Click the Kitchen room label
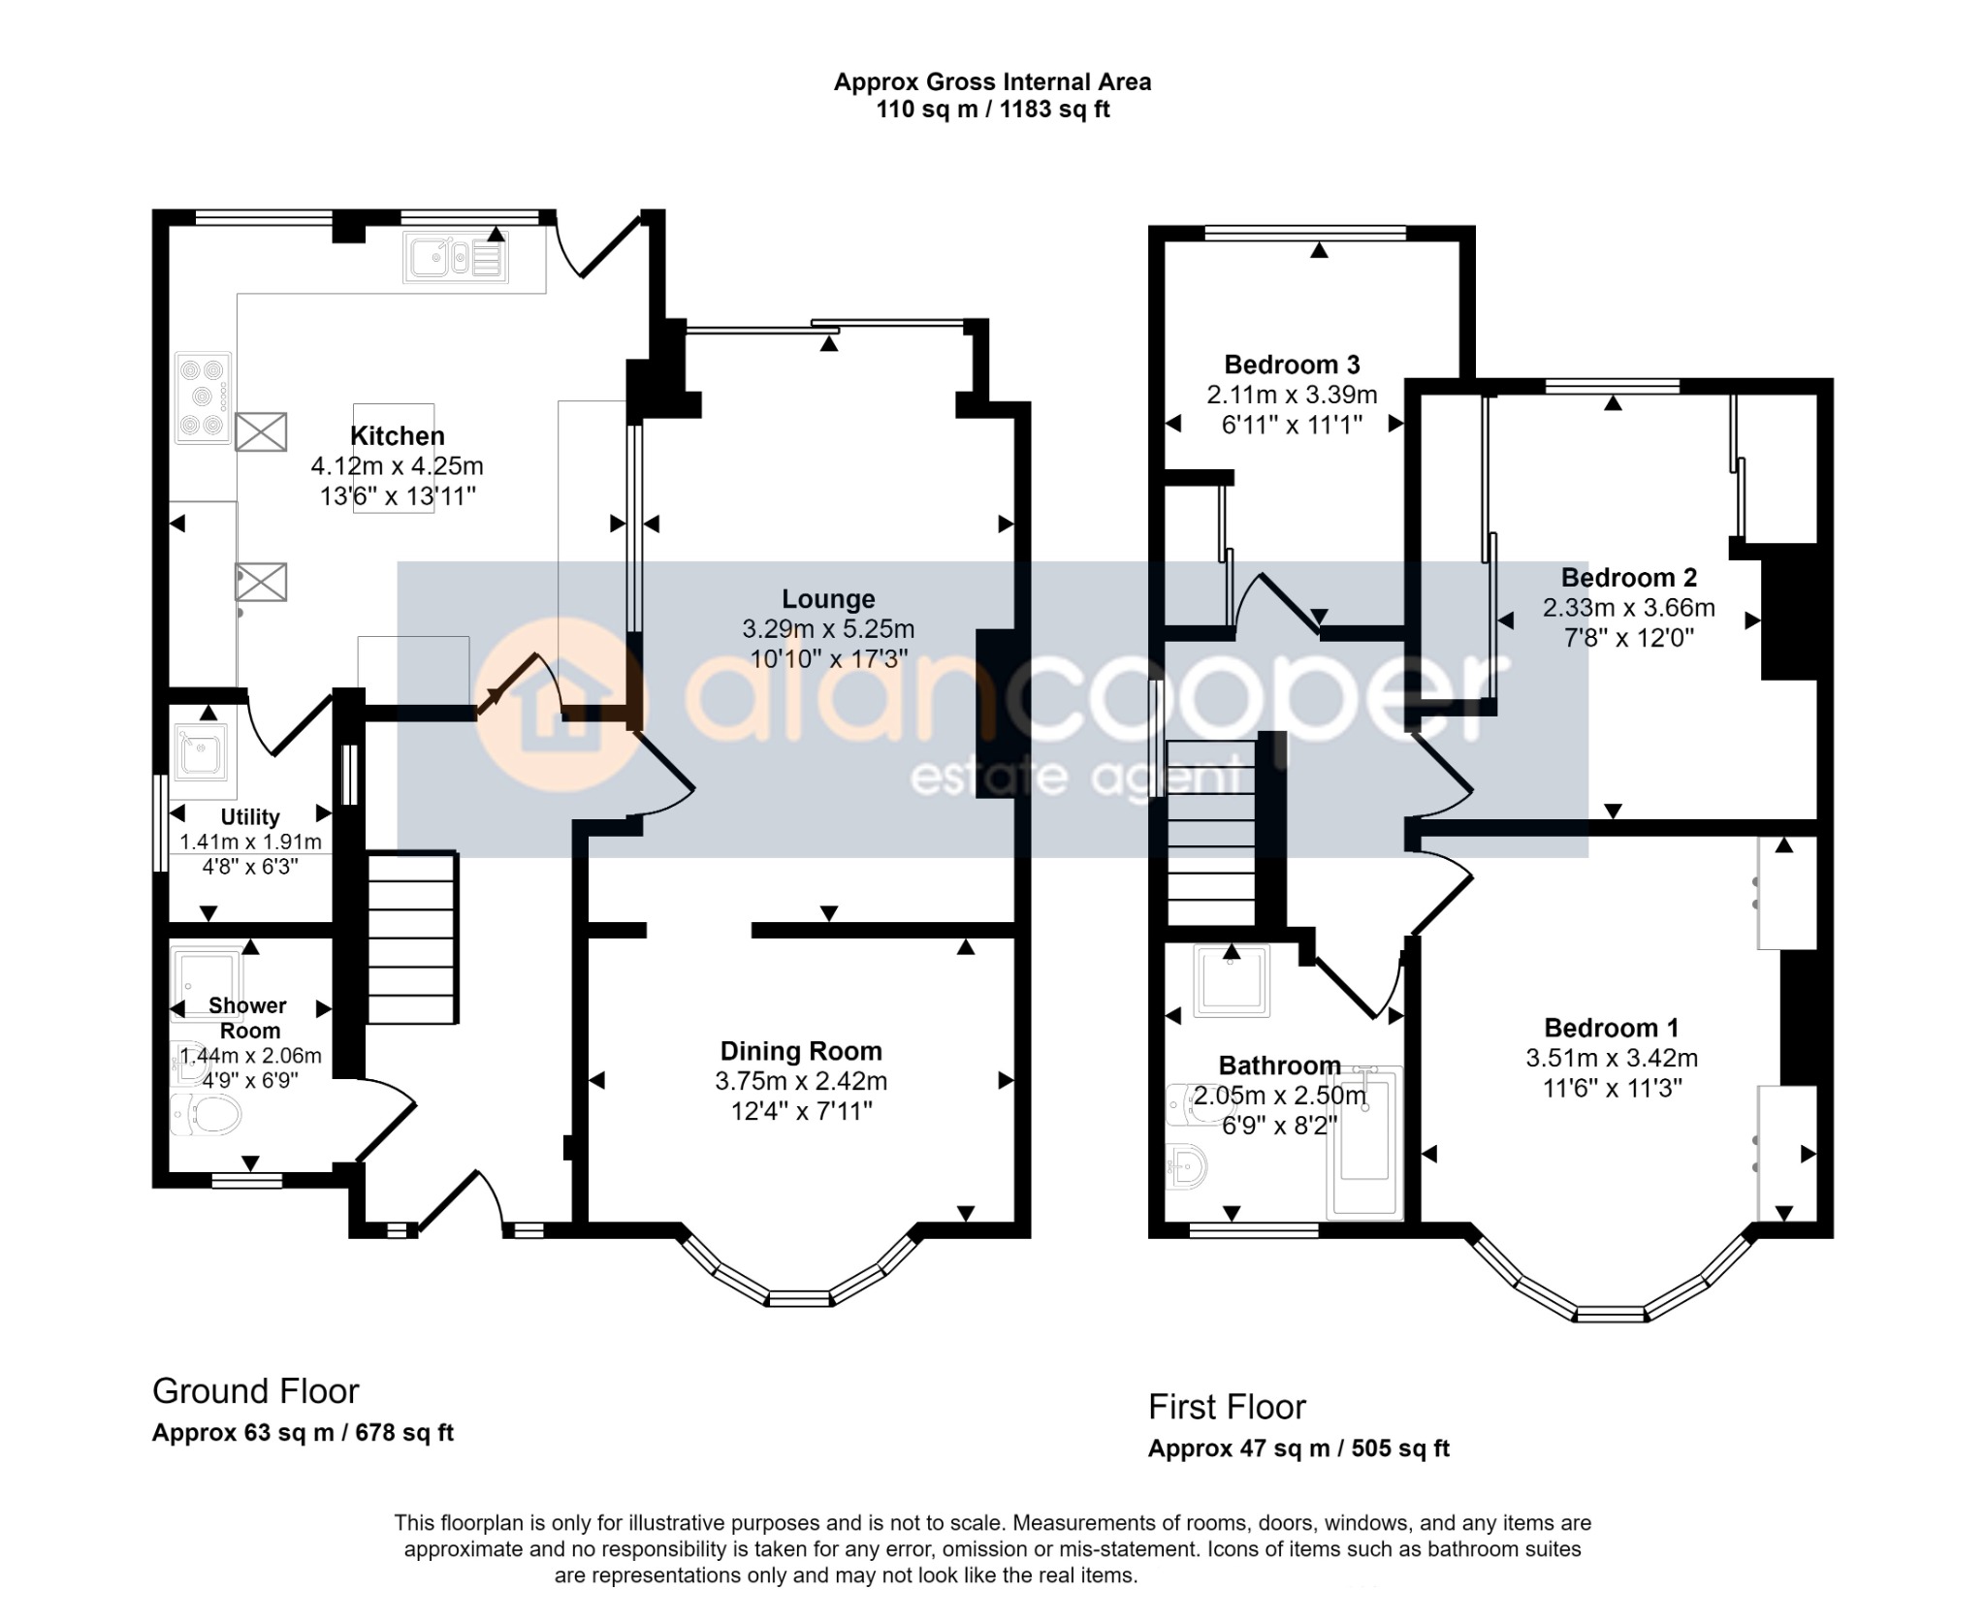click(x=397, y=436)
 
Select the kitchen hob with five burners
click(x=203, y=398)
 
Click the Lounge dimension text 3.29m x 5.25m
click(x=828, y=629)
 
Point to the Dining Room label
click(x=801, y=1051)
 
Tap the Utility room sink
click(x=201, y=751)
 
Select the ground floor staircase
click(x=411, y=937)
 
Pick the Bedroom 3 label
click(x=1292, y=365)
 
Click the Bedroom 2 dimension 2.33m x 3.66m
click(x=1628, y=608)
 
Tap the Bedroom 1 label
click(x=1611, y=1028)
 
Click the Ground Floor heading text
click(x=256, y=1391)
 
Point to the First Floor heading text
click(x=1227, y=1407)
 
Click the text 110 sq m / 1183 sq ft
click(x=992, y=110)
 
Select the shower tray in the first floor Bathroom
click(x=1232, y=979)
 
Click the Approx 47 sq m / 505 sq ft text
click(x=1297, y=1448)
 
